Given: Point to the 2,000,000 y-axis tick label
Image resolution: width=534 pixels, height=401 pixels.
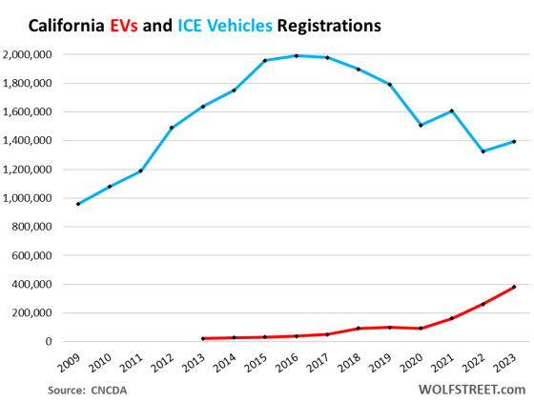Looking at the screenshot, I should click(x=30, y=54).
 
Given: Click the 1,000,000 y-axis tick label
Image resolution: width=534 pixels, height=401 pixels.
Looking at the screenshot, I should click(x=30, y=198).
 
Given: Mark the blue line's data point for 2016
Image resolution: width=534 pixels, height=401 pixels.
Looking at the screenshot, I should click(x=297, y=55).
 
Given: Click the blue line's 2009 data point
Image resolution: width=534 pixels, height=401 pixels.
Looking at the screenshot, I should click(x=78, y=204).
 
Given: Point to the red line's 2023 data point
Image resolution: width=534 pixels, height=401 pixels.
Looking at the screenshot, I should click(x=515, y=287).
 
